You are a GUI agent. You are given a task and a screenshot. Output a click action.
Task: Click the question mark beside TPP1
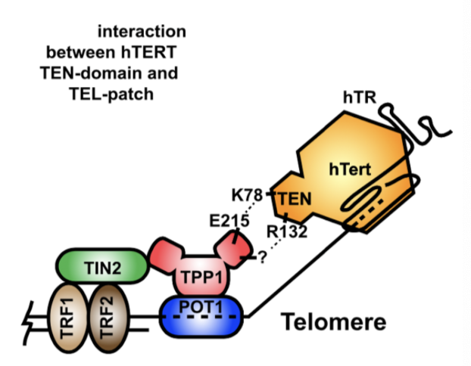click(x=262, y=259)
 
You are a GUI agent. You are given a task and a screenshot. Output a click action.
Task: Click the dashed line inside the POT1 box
click(x=201, y=318)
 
